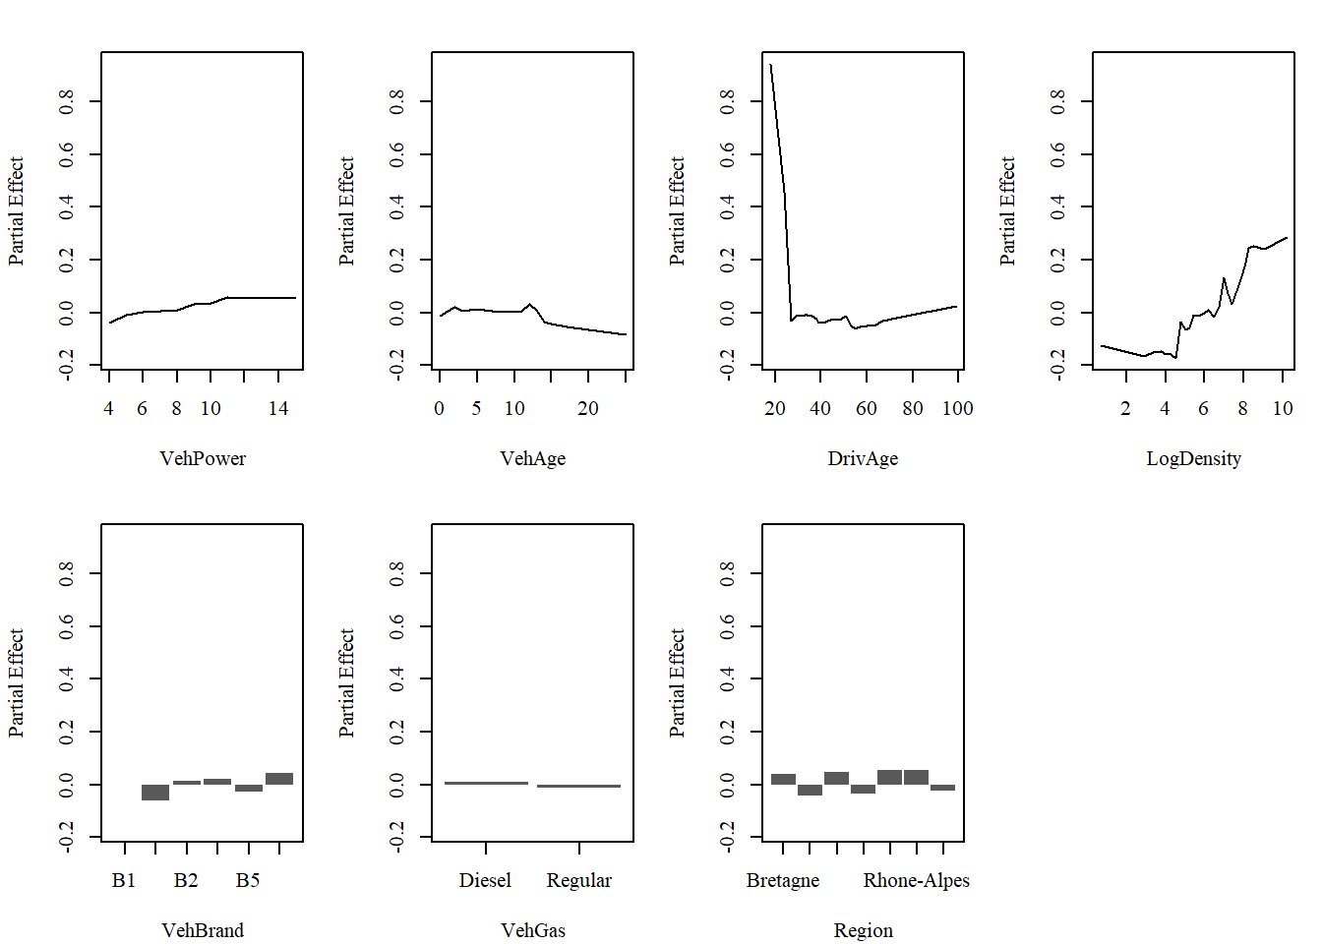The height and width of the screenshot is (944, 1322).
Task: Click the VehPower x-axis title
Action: tap(203, 458)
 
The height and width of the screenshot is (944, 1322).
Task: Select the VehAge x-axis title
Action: tap(532, 458)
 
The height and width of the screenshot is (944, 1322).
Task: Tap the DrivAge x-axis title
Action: tap(863, 458)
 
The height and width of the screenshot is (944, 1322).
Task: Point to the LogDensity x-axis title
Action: tap(1193, 458)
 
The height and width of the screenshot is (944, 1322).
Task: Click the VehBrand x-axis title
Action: tap(203, 930)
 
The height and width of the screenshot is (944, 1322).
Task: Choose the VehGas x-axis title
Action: tap(532, 930)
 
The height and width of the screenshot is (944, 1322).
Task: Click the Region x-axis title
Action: tap(863, 930)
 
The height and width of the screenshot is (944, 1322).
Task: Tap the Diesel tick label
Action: tap(485, 880)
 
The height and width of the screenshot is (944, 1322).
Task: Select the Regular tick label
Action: tap(578, 880)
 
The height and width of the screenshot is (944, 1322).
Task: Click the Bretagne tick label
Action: tap(782, 880)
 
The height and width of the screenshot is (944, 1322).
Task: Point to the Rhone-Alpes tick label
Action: tap(916, 880)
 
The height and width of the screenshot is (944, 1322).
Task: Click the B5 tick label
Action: tap(248, 880)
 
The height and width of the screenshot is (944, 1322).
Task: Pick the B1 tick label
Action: tap(124, 880)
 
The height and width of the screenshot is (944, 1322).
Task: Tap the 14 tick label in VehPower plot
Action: tap(278, 408)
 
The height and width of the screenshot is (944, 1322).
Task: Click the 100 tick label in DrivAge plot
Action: tap(957, 408)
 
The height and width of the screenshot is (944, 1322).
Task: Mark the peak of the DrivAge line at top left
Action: tap(771, 67)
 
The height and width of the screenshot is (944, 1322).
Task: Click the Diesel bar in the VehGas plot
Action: tap(486, 783)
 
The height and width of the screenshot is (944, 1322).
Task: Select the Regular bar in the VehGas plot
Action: tap(578, 786)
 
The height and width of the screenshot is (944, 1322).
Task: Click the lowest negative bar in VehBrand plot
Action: tap(155, 793)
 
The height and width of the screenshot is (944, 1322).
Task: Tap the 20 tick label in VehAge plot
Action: tap(587, 408)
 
